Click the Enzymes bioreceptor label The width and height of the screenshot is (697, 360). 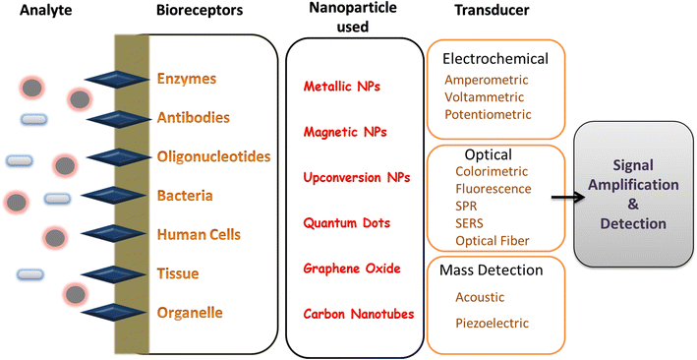187,78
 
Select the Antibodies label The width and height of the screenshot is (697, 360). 194,117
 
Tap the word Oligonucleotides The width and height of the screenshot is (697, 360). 213,156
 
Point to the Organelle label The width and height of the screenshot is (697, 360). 190,313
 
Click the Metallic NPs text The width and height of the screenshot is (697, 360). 342,87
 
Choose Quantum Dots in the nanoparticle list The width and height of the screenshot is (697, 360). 343,222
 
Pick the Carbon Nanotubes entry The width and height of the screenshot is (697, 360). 350,314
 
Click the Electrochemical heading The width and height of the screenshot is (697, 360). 495,58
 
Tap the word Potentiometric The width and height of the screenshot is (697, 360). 488,115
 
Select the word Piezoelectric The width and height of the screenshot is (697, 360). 493,323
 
